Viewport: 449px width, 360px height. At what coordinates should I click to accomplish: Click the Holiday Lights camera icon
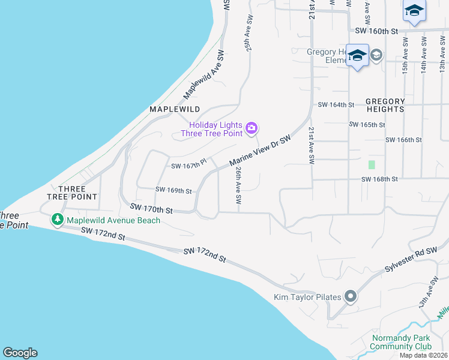252,127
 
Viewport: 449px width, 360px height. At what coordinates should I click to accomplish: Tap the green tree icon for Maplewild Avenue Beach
58,220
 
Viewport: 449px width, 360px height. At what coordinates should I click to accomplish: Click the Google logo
20,353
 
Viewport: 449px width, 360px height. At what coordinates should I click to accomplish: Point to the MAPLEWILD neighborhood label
174,110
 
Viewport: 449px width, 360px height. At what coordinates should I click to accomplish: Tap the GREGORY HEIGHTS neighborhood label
385,105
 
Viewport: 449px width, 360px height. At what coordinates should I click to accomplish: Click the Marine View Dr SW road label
260,151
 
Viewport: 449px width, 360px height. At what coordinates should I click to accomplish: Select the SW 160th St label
376,31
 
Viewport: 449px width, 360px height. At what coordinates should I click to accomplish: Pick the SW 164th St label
337,104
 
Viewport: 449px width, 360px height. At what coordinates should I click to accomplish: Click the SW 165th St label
366,125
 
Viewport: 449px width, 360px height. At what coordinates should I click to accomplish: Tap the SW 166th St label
404,140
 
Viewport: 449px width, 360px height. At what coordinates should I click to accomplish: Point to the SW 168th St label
380,179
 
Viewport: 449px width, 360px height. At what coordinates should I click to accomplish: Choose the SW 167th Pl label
189,164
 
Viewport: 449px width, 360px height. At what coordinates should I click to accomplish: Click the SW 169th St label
173,191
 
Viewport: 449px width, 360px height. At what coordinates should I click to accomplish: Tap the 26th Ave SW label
238,184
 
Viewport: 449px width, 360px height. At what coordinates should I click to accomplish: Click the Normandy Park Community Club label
402,342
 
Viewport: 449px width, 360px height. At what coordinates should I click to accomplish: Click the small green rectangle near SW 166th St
372,164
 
